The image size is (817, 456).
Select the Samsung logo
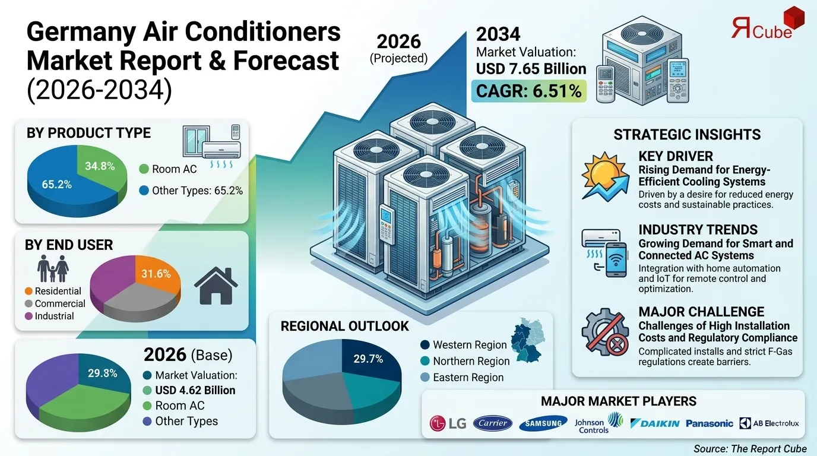[x=543, y=423]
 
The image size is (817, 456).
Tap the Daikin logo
[x=654, y=423]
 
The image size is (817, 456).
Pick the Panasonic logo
[x=709, y=423]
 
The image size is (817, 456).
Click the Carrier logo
[x=493, y=423]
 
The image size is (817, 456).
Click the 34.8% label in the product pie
[x=99, y=166]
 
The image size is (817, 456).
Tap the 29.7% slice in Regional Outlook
[x=368, y=359]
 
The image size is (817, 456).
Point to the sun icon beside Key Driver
[x=604, y=175]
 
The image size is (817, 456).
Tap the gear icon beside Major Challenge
[x=604, y=332]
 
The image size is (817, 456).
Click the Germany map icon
[x=531, y=340]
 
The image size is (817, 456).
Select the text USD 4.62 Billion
[x=195, y=390]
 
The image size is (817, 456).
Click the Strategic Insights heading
[x=687, y=135]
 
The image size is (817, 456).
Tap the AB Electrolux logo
[x=769, y=423]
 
